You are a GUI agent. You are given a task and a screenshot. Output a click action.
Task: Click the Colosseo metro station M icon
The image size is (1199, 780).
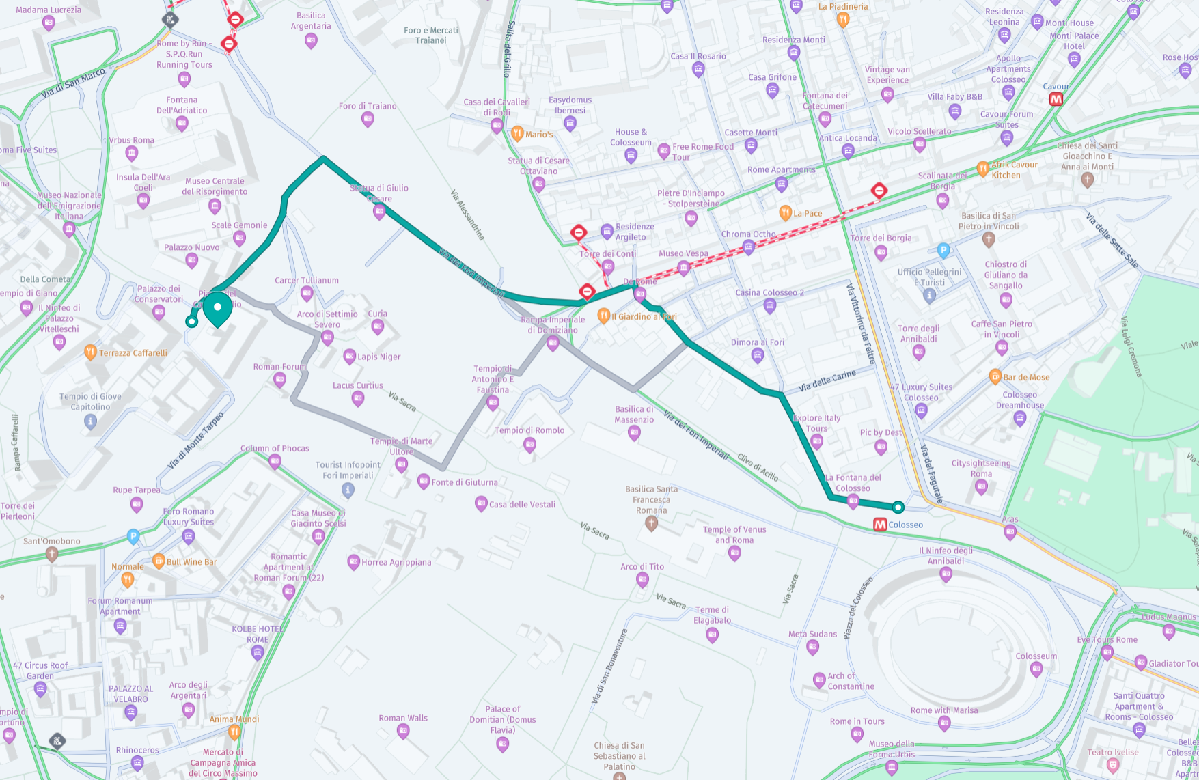click(x=880, y=525)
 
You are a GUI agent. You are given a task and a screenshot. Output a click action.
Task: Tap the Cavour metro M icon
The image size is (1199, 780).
click(x=1056, y=99)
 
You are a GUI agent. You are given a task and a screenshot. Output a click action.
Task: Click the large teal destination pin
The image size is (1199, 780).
click(x=218, y=308)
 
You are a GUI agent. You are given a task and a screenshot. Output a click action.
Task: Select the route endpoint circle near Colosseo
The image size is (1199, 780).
click(x=898, y=507)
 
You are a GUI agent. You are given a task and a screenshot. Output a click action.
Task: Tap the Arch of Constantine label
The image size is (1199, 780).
click(x=851, y=681)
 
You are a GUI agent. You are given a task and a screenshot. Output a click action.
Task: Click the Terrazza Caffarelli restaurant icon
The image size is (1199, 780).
click(x=90, y=352)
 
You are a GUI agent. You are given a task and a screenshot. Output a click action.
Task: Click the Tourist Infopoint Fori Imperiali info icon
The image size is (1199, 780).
click(x=348, y=490)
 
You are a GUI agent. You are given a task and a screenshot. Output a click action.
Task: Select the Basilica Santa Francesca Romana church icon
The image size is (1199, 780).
click(x=651, y=523)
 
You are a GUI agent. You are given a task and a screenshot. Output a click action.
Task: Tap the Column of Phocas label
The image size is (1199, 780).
click(x=275, y=449)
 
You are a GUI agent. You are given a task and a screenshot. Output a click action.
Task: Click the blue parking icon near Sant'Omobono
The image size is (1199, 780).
click(x=133, y=537)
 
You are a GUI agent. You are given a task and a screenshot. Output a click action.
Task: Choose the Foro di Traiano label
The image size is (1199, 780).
click(x=367, y=106)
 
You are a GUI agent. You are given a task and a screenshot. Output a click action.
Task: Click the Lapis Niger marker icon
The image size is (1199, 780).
click(x=349, y=356)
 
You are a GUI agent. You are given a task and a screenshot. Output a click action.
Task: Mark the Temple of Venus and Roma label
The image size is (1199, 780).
click(x=734, y=534)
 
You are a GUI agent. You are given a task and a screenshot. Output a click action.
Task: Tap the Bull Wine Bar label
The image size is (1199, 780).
click(x=191, y=562)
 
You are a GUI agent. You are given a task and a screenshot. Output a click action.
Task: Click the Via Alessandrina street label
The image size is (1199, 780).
click(x=467, y=214)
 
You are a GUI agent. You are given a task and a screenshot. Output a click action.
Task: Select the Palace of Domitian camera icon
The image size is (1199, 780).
click(x=502, y=744)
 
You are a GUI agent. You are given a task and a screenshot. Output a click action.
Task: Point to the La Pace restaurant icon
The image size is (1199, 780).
click(x=785, y=213)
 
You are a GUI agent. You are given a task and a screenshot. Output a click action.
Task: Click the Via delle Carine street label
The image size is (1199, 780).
click(x=827, y=381)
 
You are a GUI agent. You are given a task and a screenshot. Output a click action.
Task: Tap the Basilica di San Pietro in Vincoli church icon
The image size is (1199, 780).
click(x=988, y=239)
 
